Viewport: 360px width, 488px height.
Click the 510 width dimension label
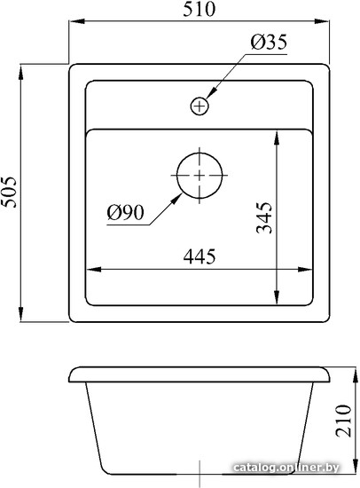click(199, 9)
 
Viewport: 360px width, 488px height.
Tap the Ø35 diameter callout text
click(269, 42)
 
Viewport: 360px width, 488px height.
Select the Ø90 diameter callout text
click(125, 213)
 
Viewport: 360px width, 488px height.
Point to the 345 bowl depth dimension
click(264, 217)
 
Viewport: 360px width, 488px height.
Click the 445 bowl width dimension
click(200, 256)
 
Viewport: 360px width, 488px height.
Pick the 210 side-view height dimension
click(344, 421)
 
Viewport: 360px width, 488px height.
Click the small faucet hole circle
click(200, 106)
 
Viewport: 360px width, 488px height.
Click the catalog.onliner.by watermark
click(286, 467)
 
